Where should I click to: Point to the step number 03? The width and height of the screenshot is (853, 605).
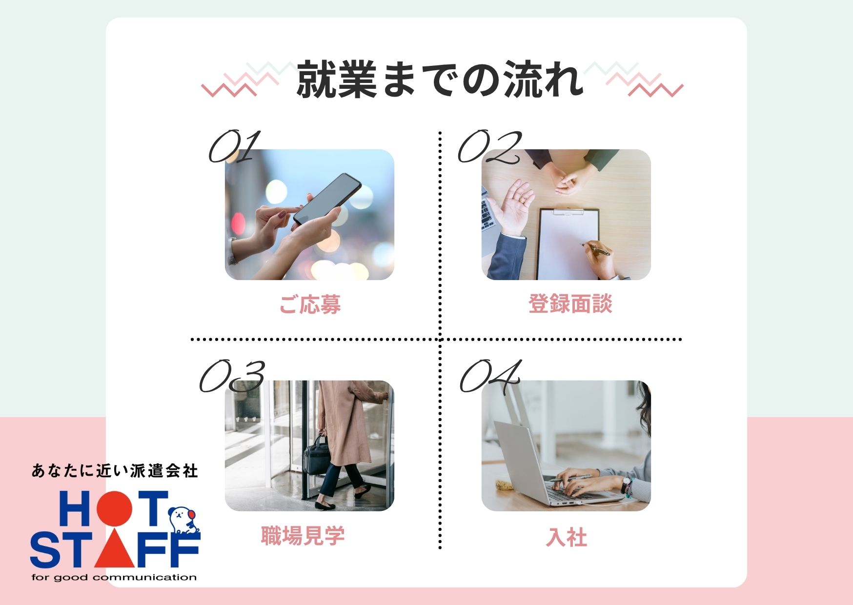tap(232, 376)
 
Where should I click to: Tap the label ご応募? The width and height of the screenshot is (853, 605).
tap(310, 304)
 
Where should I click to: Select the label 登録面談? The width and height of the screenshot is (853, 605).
tap(570, 303)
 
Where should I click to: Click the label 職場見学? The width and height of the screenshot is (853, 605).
tap(303, 536)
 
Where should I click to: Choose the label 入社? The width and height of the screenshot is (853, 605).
tap(566, 537)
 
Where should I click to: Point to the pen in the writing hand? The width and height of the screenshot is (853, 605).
tap(596, 249)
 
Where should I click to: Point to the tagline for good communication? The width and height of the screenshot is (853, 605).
tap(114, 578)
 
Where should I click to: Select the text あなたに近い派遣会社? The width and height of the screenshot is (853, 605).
tap(115, 471)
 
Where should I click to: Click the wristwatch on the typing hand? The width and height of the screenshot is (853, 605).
tap(626, 484)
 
